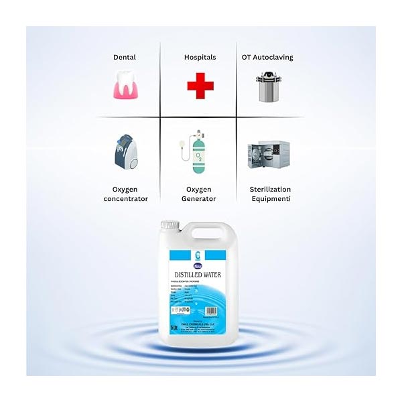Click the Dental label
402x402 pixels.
tap(125, 58)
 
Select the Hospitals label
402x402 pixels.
tap(200, 58)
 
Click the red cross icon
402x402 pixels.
tap(200, 86)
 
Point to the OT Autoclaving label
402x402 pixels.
tap(267, 58)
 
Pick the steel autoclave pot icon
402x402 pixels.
tap(267, 86)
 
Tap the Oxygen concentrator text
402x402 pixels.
tap(125, 194)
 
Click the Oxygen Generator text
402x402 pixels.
tap(199, 194)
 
